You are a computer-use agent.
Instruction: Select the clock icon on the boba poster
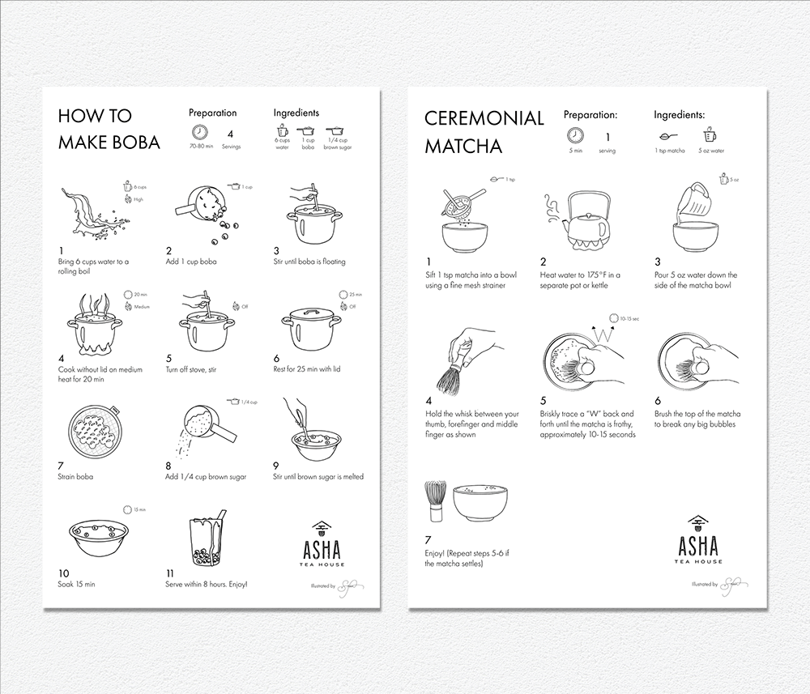coord(199,134)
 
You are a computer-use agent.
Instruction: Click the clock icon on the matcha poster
coord(574,134)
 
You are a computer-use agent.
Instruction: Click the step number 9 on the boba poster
coord(276,465)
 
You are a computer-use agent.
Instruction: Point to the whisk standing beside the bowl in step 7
coord(435,503)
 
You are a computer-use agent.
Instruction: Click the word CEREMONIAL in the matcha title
coord(484,118)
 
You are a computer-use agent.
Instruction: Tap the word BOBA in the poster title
coord(134,143)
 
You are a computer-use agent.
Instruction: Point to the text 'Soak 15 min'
coord(76,583)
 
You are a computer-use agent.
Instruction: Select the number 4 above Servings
coord(230,134)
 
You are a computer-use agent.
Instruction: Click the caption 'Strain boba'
coord(75,476)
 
